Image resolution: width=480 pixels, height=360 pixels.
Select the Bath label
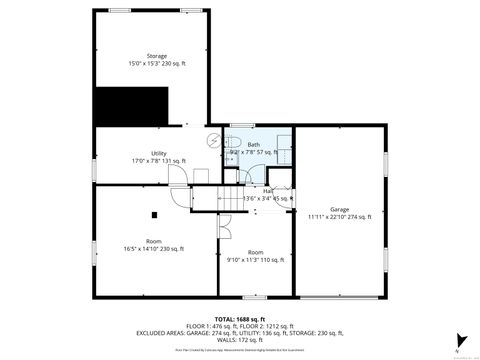click(254, 145)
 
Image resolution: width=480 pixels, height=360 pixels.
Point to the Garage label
click(340, 209)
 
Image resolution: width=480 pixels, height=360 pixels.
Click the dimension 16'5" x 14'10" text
click(155, 249)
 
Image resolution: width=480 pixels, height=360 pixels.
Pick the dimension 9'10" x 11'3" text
click(256, 259)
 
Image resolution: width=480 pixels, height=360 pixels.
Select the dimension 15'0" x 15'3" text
click(156, 64)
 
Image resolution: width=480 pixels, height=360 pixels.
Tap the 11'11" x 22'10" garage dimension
click(340, 217)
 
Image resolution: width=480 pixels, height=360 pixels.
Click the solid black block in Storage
click(130, 104)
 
